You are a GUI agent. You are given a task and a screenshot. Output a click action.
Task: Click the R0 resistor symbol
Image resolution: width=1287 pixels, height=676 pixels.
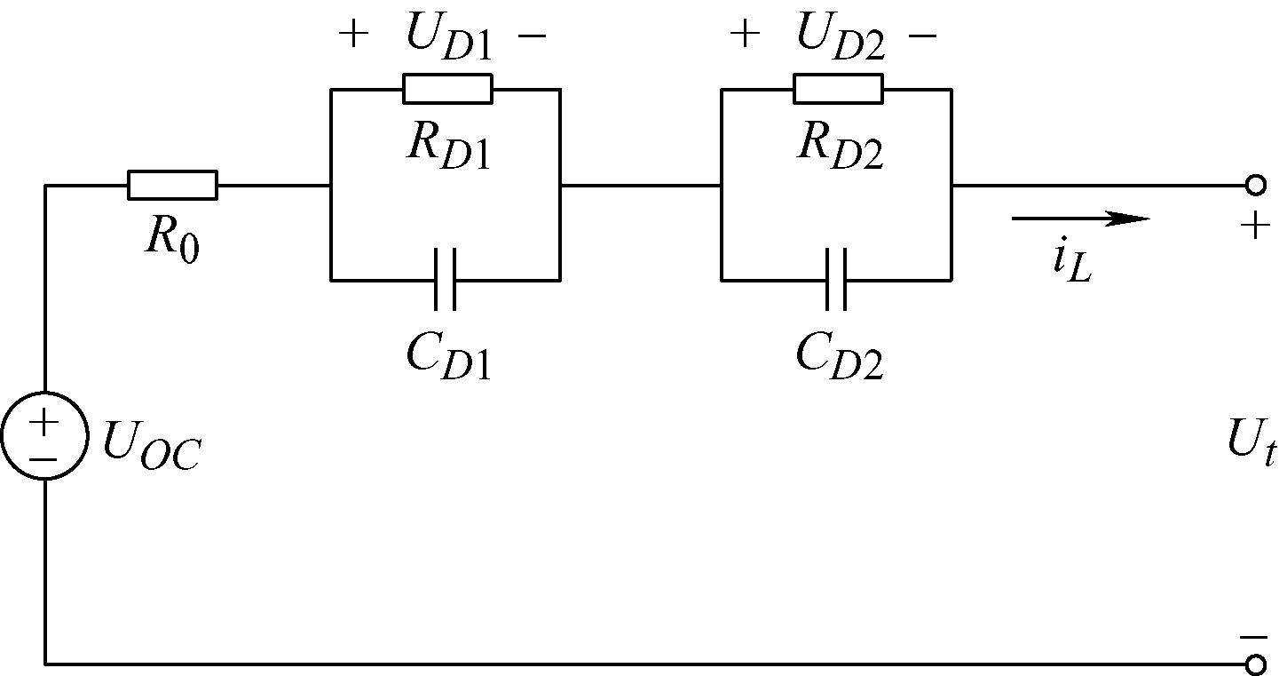172,185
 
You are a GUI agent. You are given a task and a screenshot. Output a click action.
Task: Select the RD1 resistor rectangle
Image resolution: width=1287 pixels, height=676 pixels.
446,89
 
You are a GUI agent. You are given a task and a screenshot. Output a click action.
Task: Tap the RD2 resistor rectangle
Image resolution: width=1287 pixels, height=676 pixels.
838,89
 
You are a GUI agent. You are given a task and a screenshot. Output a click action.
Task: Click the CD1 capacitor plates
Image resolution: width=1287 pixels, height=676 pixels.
446,280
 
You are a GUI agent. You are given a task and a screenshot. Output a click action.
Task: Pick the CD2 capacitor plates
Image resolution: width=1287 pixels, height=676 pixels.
836,280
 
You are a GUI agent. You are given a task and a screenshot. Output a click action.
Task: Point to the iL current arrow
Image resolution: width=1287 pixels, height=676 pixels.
1079,218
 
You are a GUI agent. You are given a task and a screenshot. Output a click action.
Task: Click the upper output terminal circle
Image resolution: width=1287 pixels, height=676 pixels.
1254,185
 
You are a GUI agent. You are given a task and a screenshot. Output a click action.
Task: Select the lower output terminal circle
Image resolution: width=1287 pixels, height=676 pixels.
1254,664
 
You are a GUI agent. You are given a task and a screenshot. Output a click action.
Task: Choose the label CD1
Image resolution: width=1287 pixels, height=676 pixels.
447,355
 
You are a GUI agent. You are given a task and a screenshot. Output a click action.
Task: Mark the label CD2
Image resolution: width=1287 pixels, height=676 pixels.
839,355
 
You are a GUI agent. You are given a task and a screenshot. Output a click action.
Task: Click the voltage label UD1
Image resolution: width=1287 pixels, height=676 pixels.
448,37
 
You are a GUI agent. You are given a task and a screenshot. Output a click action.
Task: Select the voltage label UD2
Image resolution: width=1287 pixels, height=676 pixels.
841,37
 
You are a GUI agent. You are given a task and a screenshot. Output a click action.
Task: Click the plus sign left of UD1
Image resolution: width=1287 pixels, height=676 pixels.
353,36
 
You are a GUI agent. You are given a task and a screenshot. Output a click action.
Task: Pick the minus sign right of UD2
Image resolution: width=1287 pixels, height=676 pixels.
923,36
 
